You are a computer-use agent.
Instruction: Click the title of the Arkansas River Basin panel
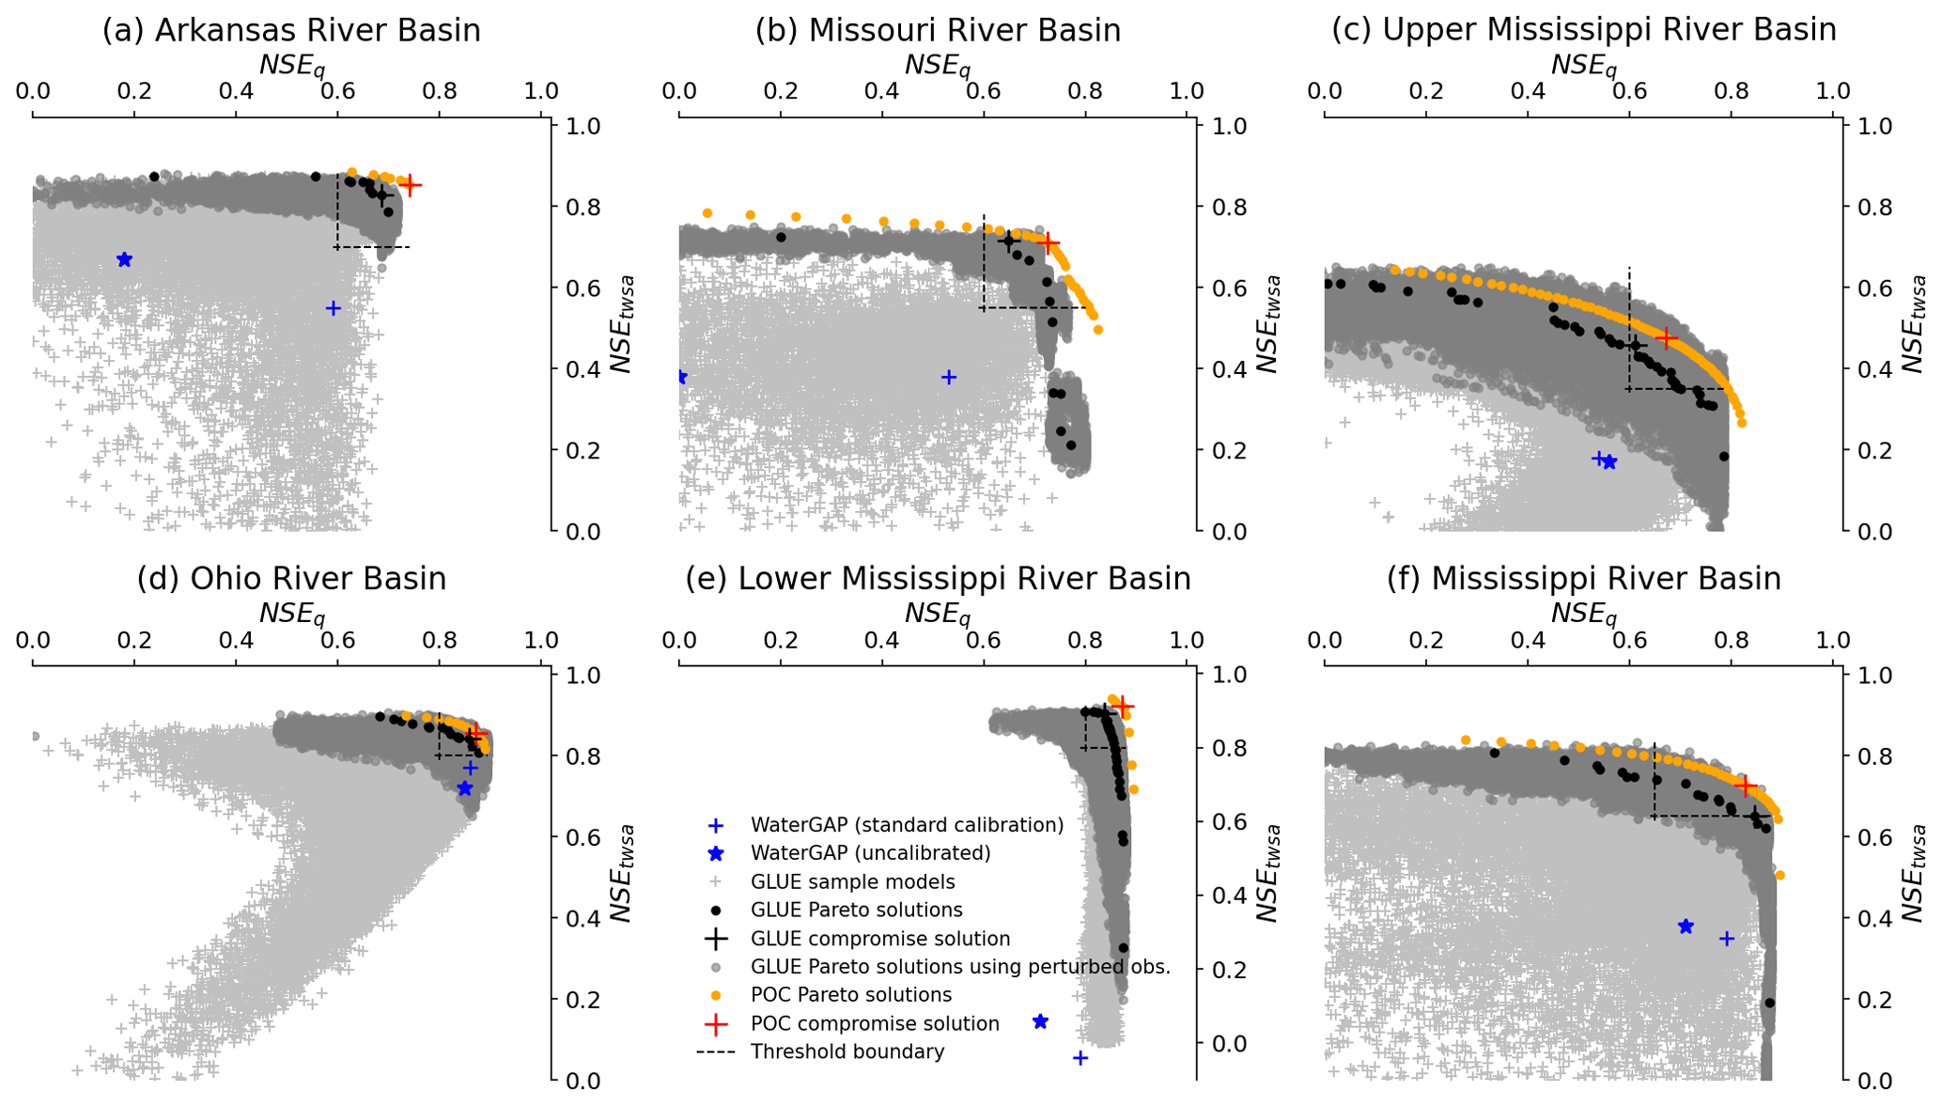(x=291, y=30)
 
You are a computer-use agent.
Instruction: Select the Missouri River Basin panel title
(x=938, y=30)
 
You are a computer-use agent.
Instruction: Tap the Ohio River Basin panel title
(x=291, y=579)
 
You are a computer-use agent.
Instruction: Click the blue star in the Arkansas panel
(x=124, y=259)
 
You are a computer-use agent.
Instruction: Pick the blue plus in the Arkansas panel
(x=333, y=308)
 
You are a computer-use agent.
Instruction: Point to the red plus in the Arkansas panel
(x=410, y=185)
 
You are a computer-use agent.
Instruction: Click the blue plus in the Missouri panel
(x=949, y=377)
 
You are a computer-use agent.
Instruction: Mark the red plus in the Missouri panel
(x=1048, y=244)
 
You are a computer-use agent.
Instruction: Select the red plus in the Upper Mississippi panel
(x=1666, y=337)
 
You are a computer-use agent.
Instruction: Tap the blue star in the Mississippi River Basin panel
(x=1686, y=927)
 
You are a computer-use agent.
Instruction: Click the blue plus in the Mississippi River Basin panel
(x=1726, y=938)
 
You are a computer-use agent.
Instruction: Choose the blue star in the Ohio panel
(x=464, y=788)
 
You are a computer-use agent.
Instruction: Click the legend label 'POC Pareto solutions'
(x=850, y=994)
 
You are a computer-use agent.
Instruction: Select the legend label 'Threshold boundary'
(x=847, y=1051)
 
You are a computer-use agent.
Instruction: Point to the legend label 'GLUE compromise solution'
(x=879, y=938)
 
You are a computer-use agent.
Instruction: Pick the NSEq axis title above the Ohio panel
(x=291, y=614)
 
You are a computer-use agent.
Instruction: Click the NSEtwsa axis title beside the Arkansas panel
(x=621, y=324)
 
